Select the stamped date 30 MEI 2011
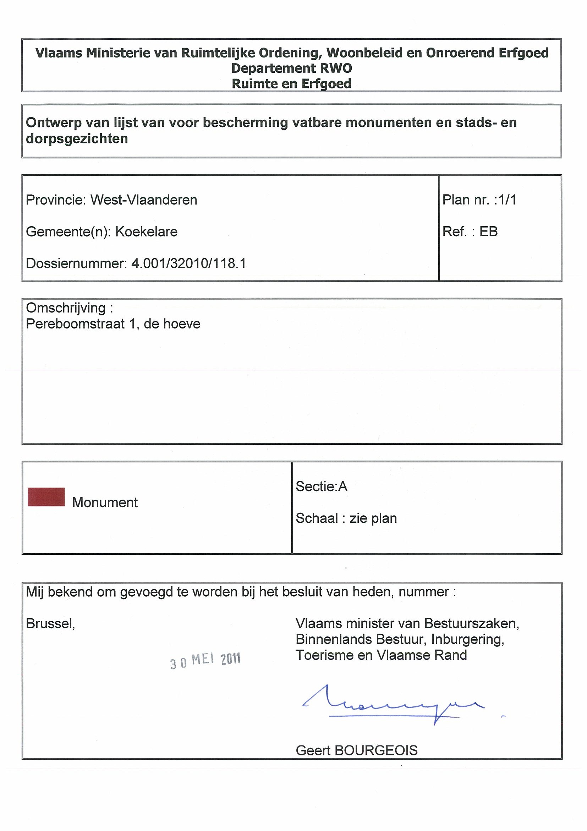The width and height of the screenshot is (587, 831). pos(205,661)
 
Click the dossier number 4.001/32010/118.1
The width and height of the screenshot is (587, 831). pos(188,264)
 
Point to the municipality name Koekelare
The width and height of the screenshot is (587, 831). pos(147,232)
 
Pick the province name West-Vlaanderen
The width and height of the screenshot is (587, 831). pos(144,200)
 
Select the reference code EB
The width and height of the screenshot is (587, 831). pos(488,232)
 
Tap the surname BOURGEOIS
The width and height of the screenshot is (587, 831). pos(376,751)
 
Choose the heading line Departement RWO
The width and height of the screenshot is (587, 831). pos(291,68)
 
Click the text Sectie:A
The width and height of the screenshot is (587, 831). pos(321,487)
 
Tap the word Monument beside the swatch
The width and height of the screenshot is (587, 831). pos(105,503)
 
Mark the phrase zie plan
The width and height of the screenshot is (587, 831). pos(373,518)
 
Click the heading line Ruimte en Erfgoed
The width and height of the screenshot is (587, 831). pos(291,83)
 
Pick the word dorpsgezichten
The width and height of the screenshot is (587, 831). pos(77,138)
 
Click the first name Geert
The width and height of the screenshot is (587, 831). pos(314,751)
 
